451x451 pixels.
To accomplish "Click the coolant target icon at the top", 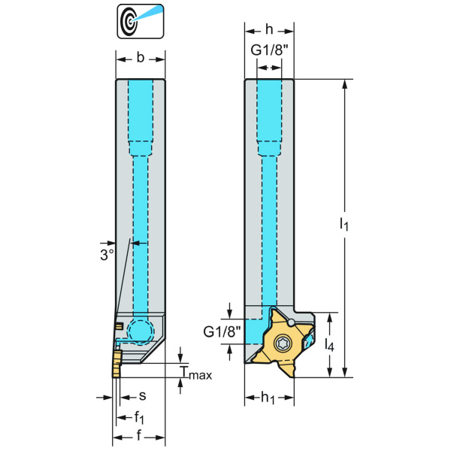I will coord(141,21).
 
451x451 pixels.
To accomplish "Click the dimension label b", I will coord(141,57).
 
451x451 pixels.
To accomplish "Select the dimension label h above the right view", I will coord(269,30).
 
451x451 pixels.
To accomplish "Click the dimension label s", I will coord(141,395).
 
